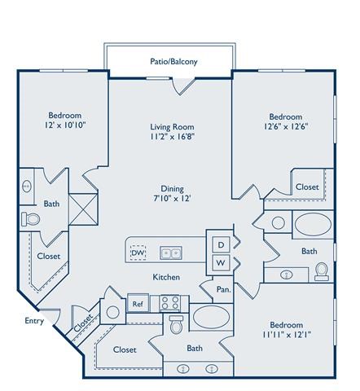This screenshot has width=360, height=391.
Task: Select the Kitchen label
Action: [167, 277]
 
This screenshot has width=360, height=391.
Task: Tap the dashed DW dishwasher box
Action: [138, 253]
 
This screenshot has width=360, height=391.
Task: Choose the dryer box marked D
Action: [220, 244]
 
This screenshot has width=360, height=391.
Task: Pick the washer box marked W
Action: [220, 262]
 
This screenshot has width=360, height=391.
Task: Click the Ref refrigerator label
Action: [138, 304]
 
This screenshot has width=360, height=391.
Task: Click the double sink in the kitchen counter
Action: [171, 253]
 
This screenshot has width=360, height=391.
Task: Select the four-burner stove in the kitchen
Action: [170, 304]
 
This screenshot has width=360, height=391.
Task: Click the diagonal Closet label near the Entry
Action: [83, 323]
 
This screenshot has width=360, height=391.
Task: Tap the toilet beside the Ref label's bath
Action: [175, 325]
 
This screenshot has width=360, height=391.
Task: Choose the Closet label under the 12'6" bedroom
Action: [307, 187]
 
